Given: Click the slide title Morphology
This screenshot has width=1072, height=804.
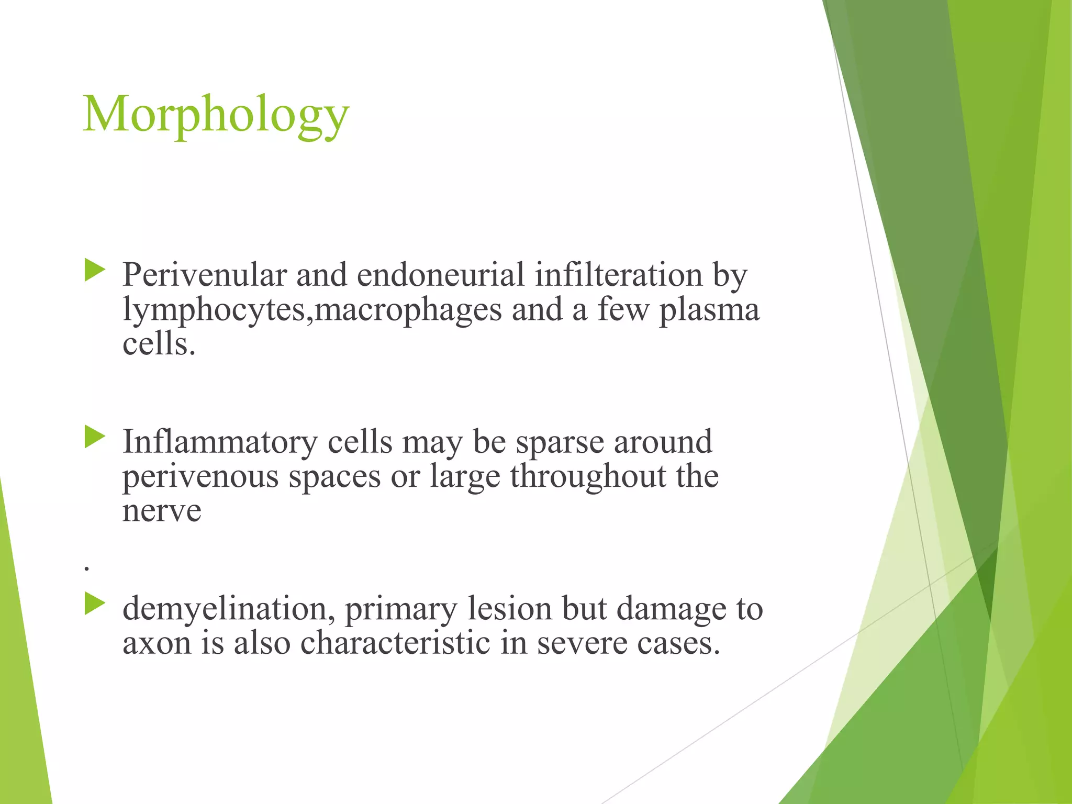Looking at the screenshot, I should [216, 115].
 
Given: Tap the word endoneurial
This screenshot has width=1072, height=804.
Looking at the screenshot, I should [440, 275].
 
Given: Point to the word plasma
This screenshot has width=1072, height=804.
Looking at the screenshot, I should [709, 310].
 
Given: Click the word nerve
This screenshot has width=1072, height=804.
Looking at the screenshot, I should [162, 511].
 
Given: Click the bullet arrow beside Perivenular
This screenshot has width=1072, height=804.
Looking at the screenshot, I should [95, 271].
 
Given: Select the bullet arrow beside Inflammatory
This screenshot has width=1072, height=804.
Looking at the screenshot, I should [95, 438].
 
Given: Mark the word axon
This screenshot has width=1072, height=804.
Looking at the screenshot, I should [157, 644].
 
